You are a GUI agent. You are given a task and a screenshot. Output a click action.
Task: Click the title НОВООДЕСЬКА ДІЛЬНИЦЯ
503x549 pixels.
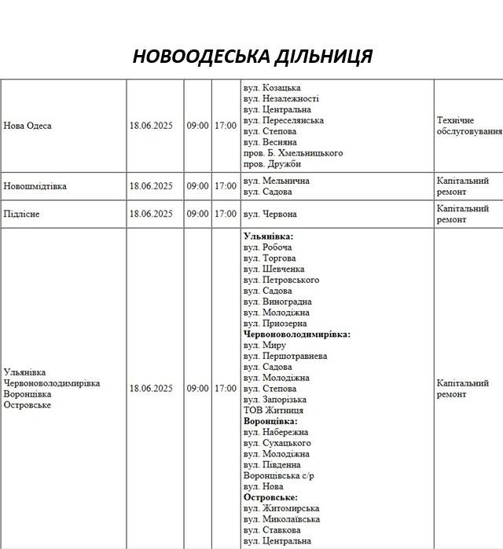click(251, 57)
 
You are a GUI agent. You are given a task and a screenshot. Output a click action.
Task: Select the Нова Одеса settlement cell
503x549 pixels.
click(28, 126)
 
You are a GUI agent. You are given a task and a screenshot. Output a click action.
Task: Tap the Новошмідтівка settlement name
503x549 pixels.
click(35, 186)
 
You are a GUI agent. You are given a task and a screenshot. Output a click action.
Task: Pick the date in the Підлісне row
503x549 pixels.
click(151, 214)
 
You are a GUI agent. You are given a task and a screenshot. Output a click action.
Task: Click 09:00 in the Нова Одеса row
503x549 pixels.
click(197, 126)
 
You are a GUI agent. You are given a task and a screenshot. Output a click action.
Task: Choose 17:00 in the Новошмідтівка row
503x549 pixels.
click(226, 186)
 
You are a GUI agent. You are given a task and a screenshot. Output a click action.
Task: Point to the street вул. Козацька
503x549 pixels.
click(272, 88)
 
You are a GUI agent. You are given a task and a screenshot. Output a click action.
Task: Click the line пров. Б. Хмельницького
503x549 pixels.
click(293, 153)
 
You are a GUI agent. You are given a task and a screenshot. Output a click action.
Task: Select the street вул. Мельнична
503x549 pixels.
click(277, 181)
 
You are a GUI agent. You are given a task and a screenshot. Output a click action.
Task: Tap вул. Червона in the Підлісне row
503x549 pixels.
click(270, 214)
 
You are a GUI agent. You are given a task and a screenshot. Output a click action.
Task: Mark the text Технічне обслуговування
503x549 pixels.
click(468, 126)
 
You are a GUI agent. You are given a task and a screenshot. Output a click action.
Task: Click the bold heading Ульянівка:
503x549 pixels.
click(269, 236)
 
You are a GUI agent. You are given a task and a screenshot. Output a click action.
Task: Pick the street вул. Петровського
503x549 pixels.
click(281, 280)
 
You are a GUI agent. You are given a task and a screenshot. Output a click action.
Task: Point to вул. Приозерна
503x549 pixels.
click(275, 324)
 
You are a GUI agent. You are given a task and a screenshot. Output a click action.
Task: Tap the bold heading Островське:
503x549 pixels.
click(270, 498)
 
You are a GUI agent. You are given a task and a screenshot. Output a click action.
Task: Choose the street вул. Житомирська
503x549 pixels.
click(281, 508)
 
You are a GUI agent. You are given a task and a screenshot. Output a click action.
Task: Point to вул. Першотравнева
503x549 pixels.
click(285, 356)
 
